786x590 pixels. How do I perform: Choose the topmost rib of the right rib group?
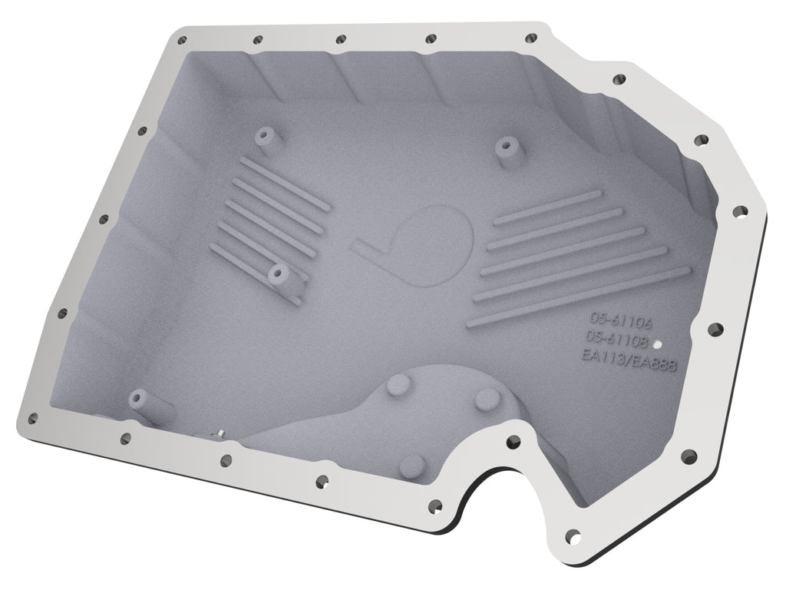point(546,207)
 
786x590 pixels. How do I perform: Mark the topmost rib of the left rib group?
point(285,176)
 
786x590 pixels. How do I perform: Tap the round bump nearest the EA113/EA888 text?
point(487,399)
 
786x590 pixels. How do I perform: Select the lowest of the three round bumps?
point(413,462)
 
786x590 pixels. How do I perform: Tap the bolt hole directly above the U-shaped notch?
point(512,441)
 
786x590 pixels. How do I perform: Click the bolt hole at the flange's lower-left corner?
point(32,417)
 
